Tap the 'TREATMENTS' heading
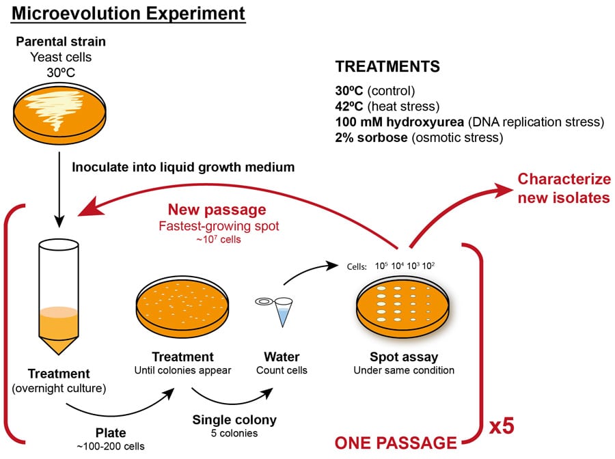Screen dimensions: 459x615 point(387,67)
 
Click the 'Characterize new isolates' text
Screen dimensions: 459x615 point(563,189)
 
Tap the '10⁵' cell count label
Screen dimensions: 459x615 point(381,266)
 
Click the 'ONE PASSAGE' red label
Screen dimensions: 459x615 point(394,442)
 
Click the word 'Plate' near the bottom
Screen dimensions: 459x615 point(106,433)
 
